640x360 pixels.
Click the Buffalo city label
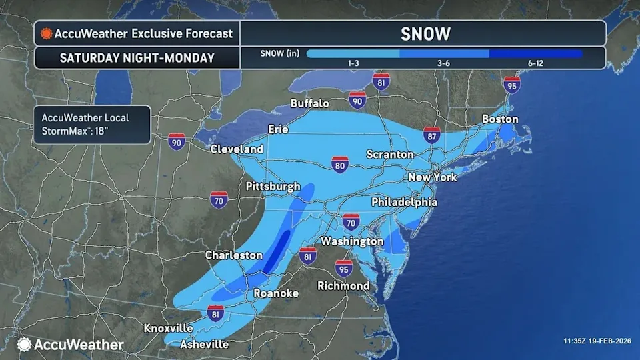(310, 103)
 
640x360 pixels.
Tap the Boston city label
(500, 119)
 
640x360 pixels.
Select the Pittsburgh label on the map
(273, 187)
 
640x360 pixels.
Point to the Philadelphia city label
(404, 202)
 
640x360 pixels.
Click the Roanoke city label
(276, 293)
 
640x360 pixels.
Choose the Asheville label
(205, 345)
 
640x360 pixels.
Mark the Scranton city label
(390, 154)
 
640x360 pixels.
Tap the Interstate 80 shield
(340, 165)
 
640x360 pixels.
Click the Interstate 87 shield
(431, 136)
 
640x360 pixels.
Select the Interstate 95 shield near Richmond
(343, 269)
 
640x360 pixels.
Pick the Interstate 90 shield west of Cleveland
(176, 141)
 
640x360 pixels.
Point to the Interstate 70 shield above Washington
(351, 221)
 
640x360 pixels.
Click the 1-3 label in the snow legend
(354, 63)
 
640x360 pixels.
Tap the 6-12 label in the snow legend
(535, 63)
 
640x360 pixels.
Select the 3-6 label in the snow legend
(445, 63)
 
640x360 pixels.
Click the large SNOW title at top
(425, 33)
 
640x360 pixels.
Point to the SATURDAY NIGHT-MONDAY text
(137, 57)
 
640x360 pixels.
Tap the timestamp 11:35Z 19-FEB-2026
(595, 341)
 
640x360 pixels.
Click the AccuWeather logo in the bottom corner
(71, 345)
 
